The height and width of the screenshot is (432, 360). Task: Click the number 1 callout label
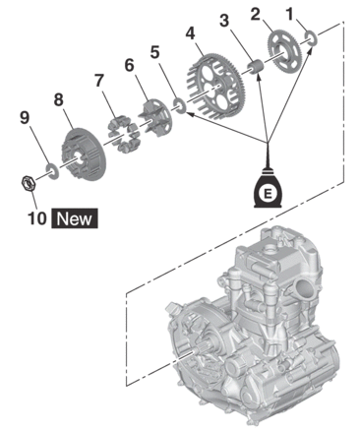point(289,14)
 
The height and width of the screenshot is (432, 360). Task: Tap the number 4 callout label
point(191,33)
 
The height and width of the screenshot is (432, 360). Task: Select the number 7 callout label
point(99,80)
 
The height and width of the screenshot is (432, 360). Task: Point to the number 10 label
point(36,217)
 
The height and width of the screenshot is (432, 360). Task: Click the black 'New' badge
point(75,218)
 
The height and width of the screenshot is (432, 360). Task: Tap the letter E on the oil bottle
point(268,194)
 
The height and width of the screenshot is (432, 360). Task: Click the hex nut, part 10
point(29,184)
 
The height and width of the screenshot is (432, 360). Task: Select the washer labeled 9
point(52,171)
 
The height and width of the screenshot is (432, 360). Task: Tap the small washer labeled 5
point(180,105)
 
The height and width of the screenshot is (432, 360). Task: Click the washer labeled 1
point(311,38)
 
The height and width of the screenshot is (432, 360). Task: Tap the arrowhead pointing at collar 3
point(259,78)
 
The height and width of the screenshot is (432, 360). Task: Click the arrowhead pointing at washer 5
point(190,114)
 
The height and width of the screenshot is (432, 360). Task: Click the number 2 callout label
point(256,15)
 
